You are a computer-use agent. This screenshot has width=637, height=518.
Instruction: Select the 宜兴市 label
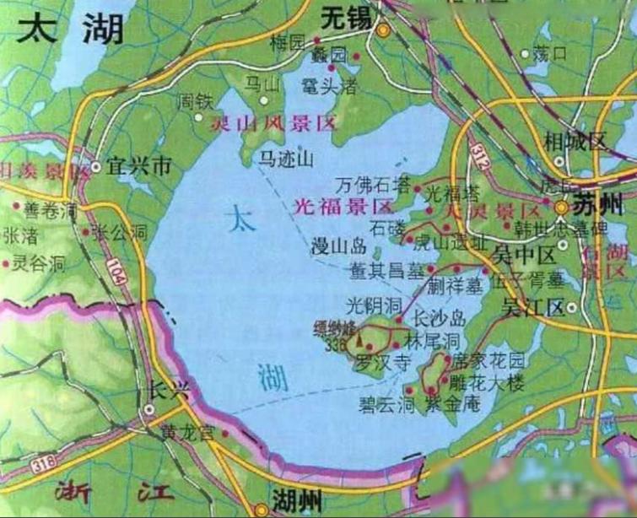(x=142, y=167)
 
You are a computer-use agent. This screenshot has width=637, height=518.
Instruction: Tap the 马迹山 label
(x=286, y=158)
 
